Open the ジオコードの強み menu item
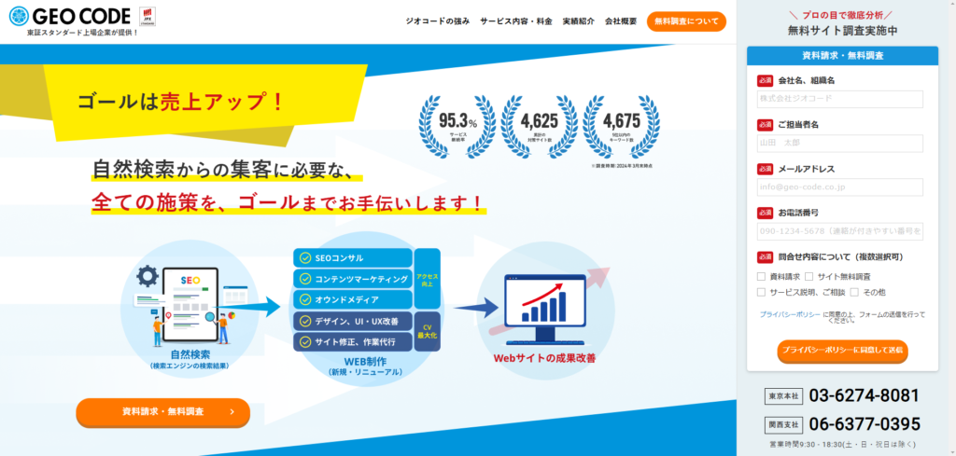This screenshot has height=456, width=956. point(438,21)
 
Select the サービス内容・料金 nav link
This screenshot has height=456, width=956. point(515,21)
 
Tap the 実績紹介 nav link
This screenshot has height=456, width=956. point(578,21)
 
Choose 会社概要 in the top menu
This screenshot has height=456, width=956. point(621,21)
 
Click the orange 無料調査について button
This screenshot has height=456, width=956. point(685,21)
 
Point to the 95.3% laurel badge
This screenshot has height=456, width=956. point(457,127)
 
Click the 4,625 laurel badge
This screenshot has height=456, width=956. point(539,127)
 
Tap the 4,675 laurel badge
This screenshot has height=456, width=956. point(621,127)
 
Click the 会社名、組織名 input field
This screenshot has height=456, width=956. point(839,98)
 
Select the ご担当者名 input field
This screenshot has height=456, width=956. point(839,143)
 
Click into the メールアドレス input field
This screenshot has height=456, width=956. point(839,187)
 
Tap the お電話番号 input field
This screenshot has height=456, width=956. point(839,231)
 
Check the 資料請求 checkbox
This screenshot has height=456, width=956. point(762,277)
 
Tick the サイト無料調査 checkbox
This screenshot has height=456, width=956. point(809,277)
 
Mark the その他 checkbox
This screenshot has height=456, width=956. point(854,292)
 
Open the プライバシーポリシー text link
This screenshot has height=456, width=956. point(790,314)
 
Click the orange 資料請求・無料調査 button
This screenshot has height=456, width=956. point(162,411)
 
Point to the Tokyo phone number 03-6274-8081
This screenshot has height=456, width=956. point(864,395)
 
